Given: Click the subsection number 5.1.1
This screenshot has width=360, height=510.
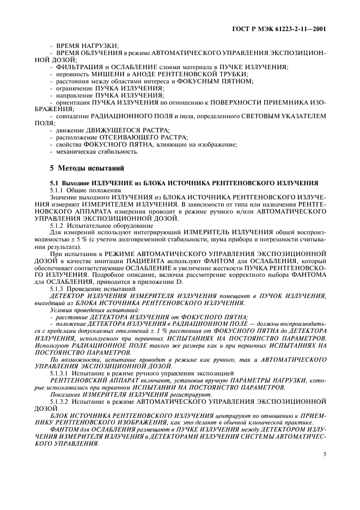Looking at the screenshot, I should [x=58, y=190].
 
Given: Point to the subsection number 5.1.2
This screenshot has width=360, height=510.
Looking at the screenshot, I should [x=58, y=224].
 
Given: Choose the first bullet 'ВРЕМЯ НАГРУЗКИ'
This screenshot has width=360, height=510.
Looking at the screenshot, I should [x=89, y=45].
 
